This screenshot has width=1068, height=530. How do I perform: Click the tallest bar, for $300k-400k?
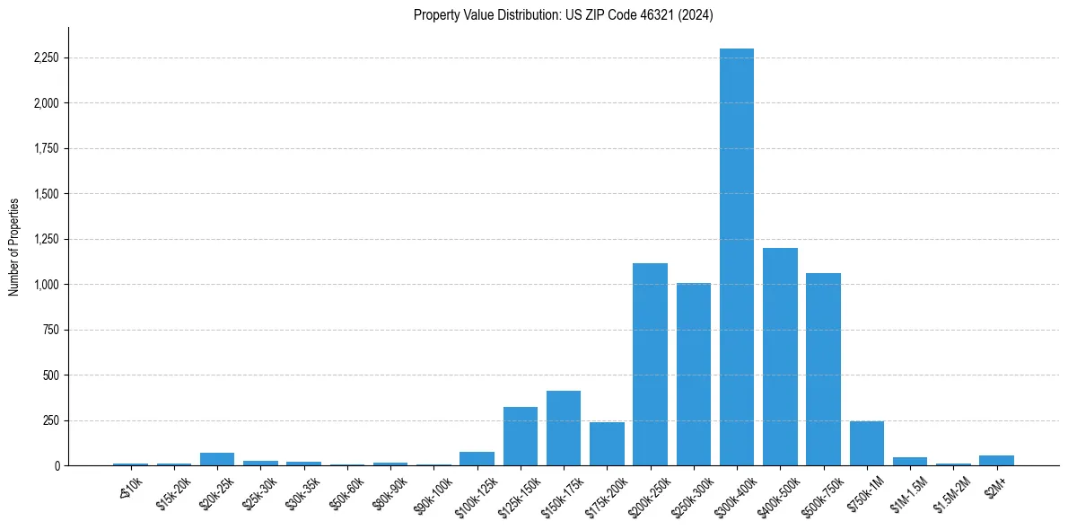737,261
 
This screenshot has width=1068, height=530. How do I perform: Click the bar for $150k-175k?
564,428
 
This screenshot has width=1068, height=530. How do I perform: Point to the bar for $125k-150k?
521,437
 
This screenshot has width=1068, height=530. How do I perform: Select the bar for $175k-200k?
607,444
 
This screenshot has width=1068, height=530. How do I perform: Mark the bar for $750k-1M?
867,444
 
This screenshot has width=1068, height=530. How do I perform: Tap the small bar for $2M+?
996,461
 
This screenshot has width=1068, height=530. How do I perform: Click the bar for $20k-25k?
217,459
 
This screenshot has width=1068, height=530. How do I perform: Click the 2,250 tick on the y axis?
46,58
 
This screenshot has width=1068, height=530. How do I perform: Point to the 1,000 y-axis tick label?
48,285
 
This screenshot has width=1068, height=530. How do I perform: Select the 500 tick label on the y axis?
52,375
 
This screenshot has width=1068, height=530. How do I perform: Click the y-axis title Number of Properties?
13,246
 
